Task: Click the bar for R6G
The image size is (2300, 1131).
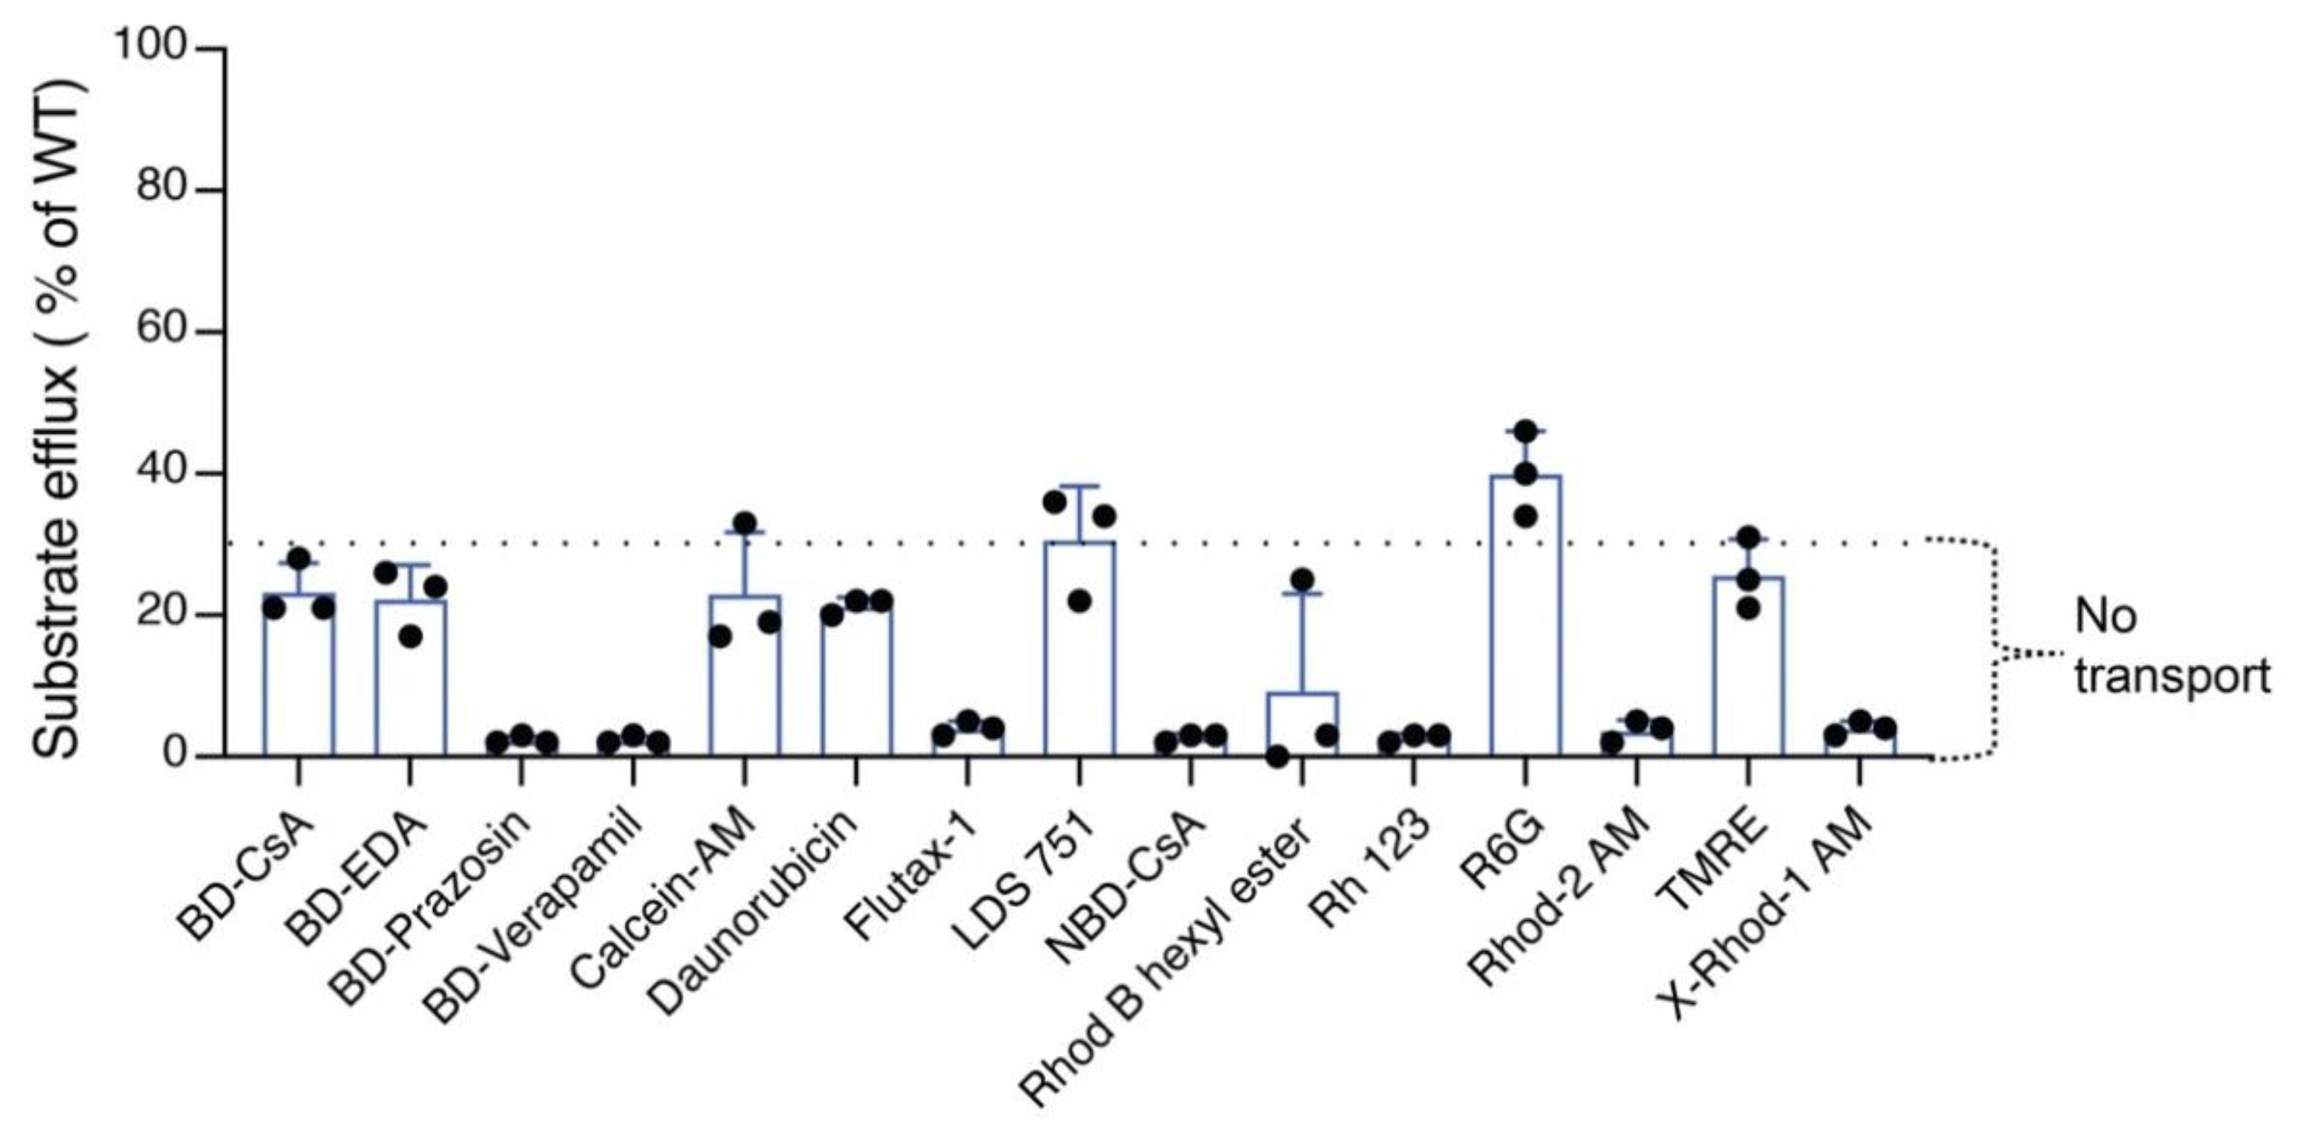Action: (x=1525, y=617)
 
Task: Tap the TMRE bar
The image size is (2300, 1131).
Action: (x=1748, y=667)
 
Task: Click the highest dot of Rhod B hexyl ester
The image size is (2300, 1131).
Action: (x=1302, y=580)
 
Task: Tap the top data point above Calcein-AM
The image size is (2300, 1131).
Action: (x=744, y=523)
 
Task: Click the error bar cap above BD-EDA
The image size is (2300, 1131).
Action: (x=410, y=565)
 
